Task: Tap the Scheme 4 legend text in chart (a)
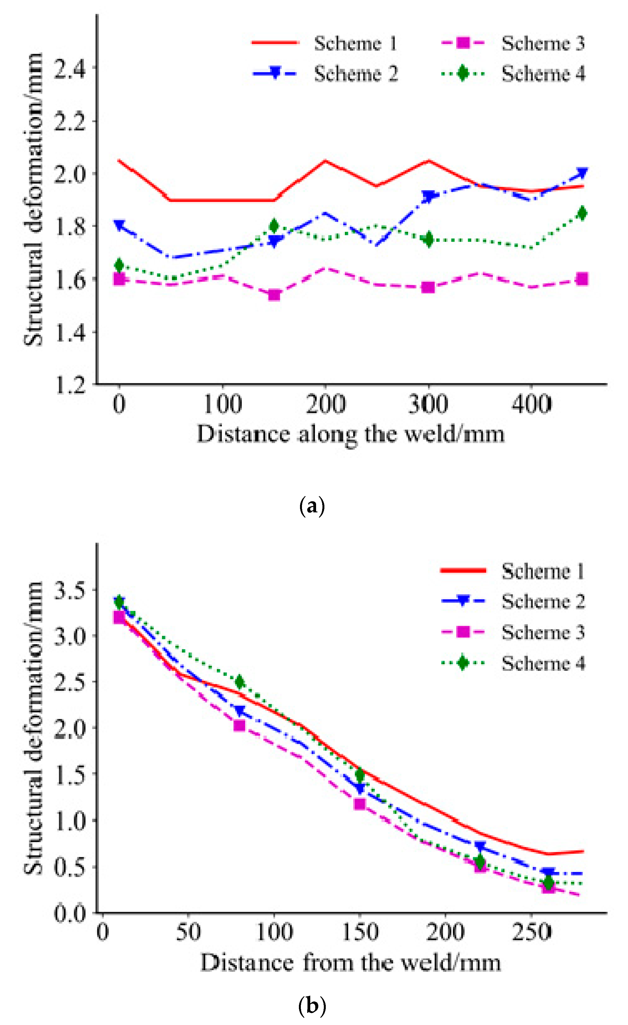click(543, 74)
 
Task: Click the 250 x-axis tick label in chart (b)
click(532, 932)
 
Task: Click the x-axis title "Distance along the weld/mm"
click(351, 434)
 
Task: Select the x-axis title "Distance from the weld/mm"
click(351, 963)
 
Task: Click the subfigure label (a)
click(312, 506)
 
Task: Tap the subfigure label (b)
click(312, 1006)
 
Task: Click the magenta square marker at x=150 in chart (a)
click(274, 295)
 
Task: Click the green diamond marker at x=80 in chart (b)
click(239, 683)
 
